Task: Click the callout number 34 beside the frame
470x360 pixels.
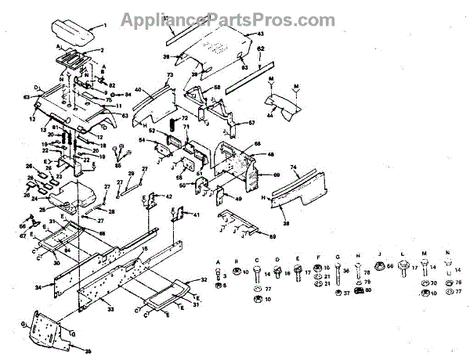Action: [x=38, y=288]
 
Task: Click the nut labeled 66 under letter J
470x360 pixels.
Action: [x=378, y=268]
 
